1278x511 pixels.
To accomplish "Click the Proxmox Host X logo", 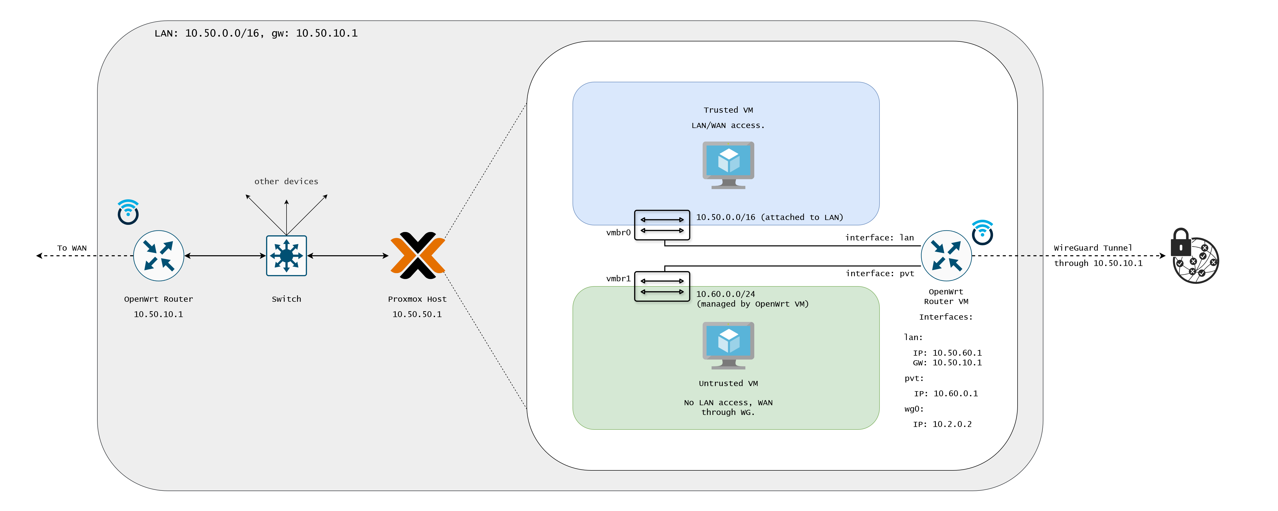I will click(x=418, y=255).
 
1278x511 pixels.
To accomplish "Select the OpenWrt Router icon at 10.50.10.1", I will click(x=159, y=255).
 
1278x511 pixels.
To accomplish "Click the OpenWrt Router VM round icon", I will click(x=946, y=255).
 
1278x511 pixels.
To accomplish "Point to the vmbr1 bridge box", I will click(x=662, y=286).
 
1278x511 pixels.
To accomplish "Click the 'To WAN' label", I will click(x=72, y=248).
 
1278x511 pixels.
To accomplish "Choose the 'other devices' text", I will click(x=286, y=182).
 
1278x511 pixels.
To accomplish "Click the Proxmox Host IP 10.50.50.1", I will click(x=417, y=314).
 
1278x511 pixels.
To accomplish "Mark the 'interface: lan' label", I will click(x=879, y=238).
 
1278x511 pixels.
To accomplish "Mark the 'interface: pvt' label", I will click(x=880, y=273).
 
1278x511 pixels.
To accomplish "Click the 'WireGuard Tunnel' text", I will click(x=1093, y=248).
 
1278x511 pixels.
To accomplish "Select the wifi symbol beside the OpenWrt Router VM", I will click(x=982, y=232).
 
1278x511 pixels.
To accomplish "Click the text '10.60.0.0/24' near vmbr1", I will click(x=725, y=294).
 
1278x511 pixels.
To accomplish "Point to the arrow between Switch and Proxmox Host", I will click(x=347, y=255).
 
